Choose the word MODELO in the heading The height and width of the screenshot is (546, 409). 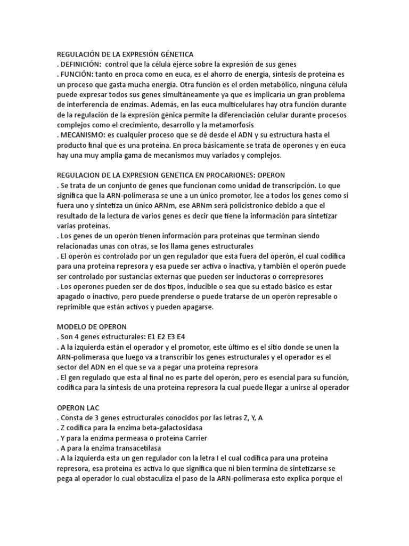click(71, 327)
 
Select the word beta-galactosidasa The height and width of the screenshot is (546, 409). click(166, 428)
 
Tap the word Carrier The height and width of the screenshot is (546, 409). click(195, 438)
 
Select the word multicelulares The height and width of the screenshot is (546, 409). click(222, 104)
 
